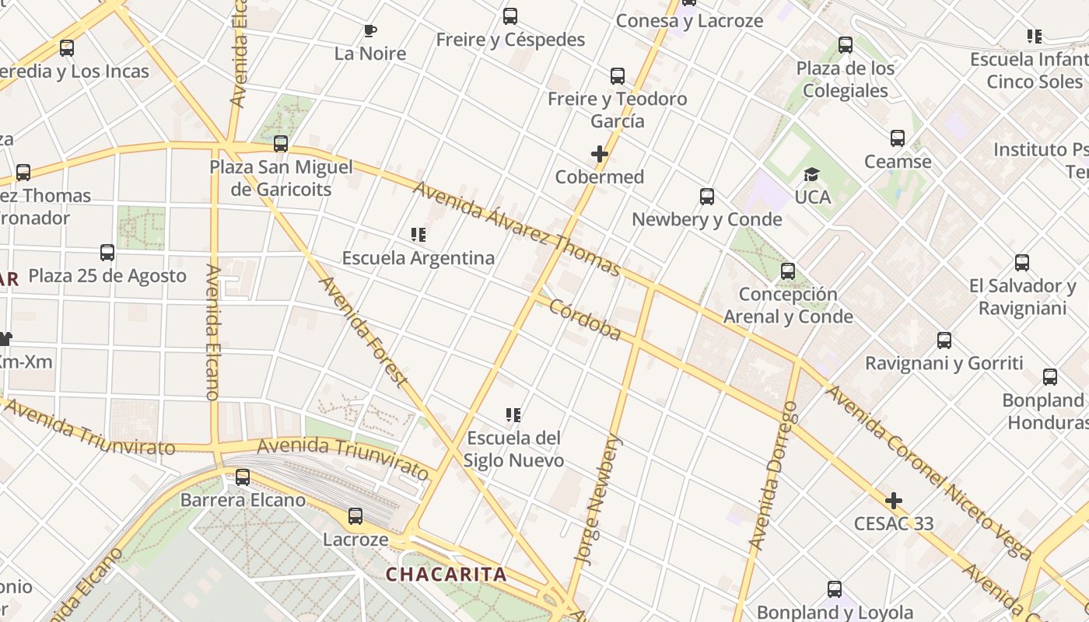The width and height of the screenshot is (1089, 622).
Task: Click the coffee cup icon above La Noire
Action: [370, 31]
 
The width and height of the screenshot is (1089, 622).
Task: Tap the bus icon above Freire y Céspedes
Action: [510, 16]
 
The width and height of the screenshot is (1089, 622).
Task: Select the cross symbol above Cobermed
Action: [599, 154]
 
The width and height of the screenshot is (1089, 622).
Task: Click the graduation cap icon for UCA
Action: [811, 174]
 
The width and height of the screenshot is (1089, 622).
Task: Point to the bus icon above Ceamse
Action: [898, 138]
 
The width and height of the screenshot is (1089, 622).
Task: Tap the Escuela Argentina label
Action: [418, 257]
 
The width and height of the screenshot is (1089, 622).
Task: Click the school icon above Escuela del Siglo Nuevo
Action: [513, 415]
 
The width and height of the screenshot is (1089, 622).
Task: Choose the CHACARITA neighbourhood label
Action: [446, 575]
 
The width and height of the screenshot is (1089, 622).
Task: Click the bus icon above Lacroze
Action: [355, 516]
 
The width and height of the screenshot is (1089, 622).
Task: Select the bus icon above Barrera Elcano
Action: [243, 477]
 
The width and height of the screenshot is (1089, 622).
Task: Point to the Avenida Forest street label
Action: [363, 332]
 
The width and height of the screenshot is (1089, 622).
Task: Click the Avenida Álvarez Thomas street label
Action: [516, 229]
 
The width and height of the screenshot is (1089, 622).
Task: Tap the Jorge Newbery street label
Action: [598, 498]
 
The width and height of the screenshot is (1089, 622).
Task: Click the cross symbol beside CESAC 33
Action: [894, 501]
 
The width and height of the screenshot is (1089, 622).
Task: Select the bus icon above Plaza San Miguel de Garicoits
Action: [281, 144]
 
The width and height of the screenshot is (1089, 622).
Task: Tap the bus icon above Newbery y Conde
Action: [707, 197]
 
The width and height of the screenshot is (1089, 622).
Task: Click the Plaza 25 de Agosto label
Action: [107, 276]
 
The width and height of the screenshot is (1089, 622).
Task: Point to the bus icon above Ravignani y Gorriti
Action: [944, 340]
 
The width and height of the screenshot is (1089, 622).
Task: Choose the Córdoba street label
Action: [585, 320]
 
